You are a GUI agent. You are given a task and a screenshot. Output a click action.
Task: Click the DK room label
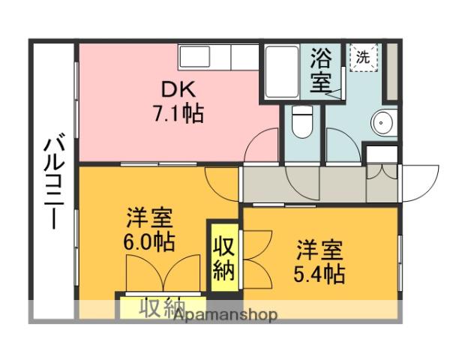178,89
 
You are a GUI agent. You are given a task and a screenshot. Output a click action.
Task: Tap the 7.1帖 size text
178,115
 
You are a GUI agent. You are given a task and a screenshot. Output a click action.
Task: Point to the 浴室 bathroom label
321,69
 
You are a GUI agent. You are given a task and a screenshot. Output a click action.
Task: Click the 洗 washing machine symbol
363,57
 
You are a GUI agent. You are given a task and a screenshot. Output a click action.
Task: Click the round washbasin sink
385,121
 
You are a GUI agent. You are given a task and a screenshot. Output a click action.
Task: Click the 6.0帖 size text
150,243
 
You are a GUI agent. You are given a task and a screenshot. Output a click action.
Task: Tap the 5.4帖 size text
319,273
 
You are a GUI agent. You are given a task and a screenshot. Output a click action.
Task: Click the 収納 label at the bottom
161,307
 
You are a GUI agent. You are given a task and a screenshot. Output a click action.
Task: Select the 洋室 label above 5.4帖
319,247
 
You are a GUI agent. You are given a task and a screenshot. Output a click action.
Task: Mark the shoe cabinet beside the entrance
382,153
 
